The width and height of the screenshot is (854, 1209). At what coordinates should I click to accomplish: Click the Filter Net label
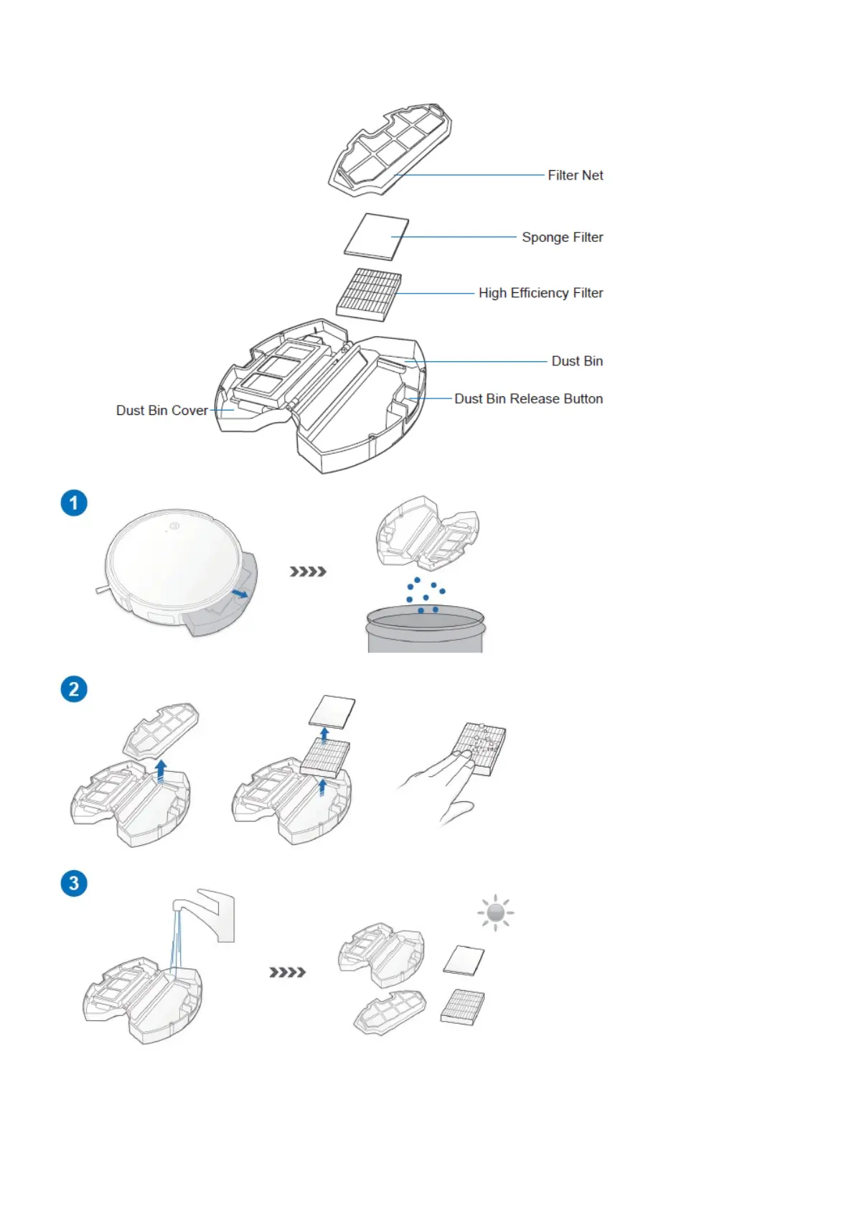point(575,175)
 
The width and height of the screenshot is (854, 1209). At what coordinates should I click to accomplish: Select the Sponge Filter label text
point(562,237)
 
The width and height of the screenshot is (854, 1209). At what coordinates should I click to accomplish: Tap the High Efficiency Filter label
point(540,293)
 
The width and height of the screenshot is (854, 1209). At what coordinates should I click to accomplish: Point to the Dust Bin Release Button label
point(528,398)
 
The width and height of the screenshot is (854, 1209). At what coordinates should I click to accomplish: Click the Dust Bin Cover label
point(162,411)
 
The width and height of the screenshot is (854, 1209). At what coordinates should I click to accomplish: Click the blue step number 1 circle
point(74,503)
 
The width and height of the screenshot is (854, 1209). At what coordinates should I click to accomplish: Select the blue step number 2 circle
point(74,689)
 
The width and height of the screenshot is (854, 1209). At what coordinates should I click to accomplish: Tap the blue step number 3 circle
point(74,883)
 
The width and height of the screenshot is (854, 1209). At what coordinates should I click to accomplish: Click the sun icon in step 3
point(495,913)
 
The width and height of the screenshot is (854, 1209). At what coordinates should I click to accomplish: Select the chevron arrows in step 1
point(308,571)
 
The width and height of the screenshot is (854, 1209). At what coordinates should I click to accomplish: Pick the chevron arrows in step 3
point(287,972)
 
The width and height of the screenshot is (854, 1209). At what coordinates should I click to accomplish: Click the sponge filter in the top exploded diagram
point(376,236)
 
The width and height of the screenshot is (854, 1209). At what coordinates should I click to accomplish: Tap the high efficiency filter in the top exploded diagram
point(369,294)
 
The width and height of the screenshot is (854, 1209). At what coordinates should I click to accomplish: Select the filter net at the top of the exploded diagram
point(391,149)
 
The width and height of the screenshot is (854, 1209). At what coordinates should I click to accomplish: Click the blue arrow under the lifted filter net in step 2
point(161,770)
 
